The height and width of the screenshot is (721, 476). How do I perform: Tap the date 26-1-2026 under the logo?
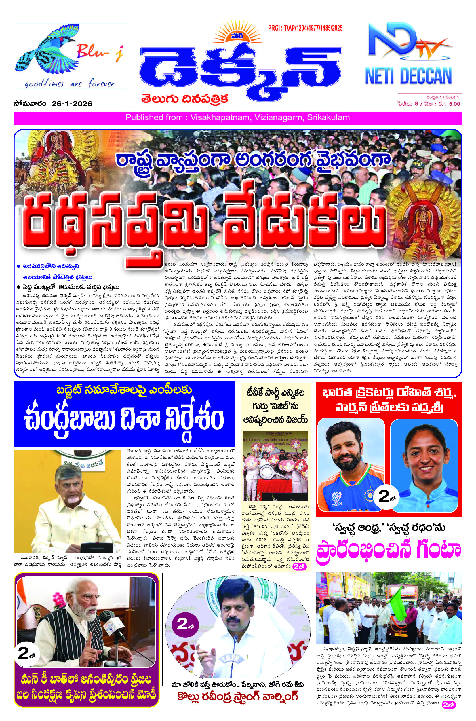72,104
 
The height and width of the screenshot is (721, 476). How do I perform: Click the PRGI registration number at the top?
305,28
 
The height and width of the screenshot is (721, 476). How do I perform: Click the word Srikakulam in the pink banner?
328,118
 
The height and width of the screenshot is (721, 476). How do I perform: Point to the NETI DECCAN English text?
408,76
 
